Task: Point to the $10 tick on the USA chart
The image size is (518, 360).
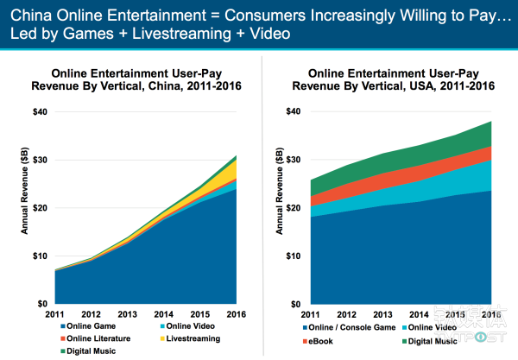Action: point(294,256)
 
